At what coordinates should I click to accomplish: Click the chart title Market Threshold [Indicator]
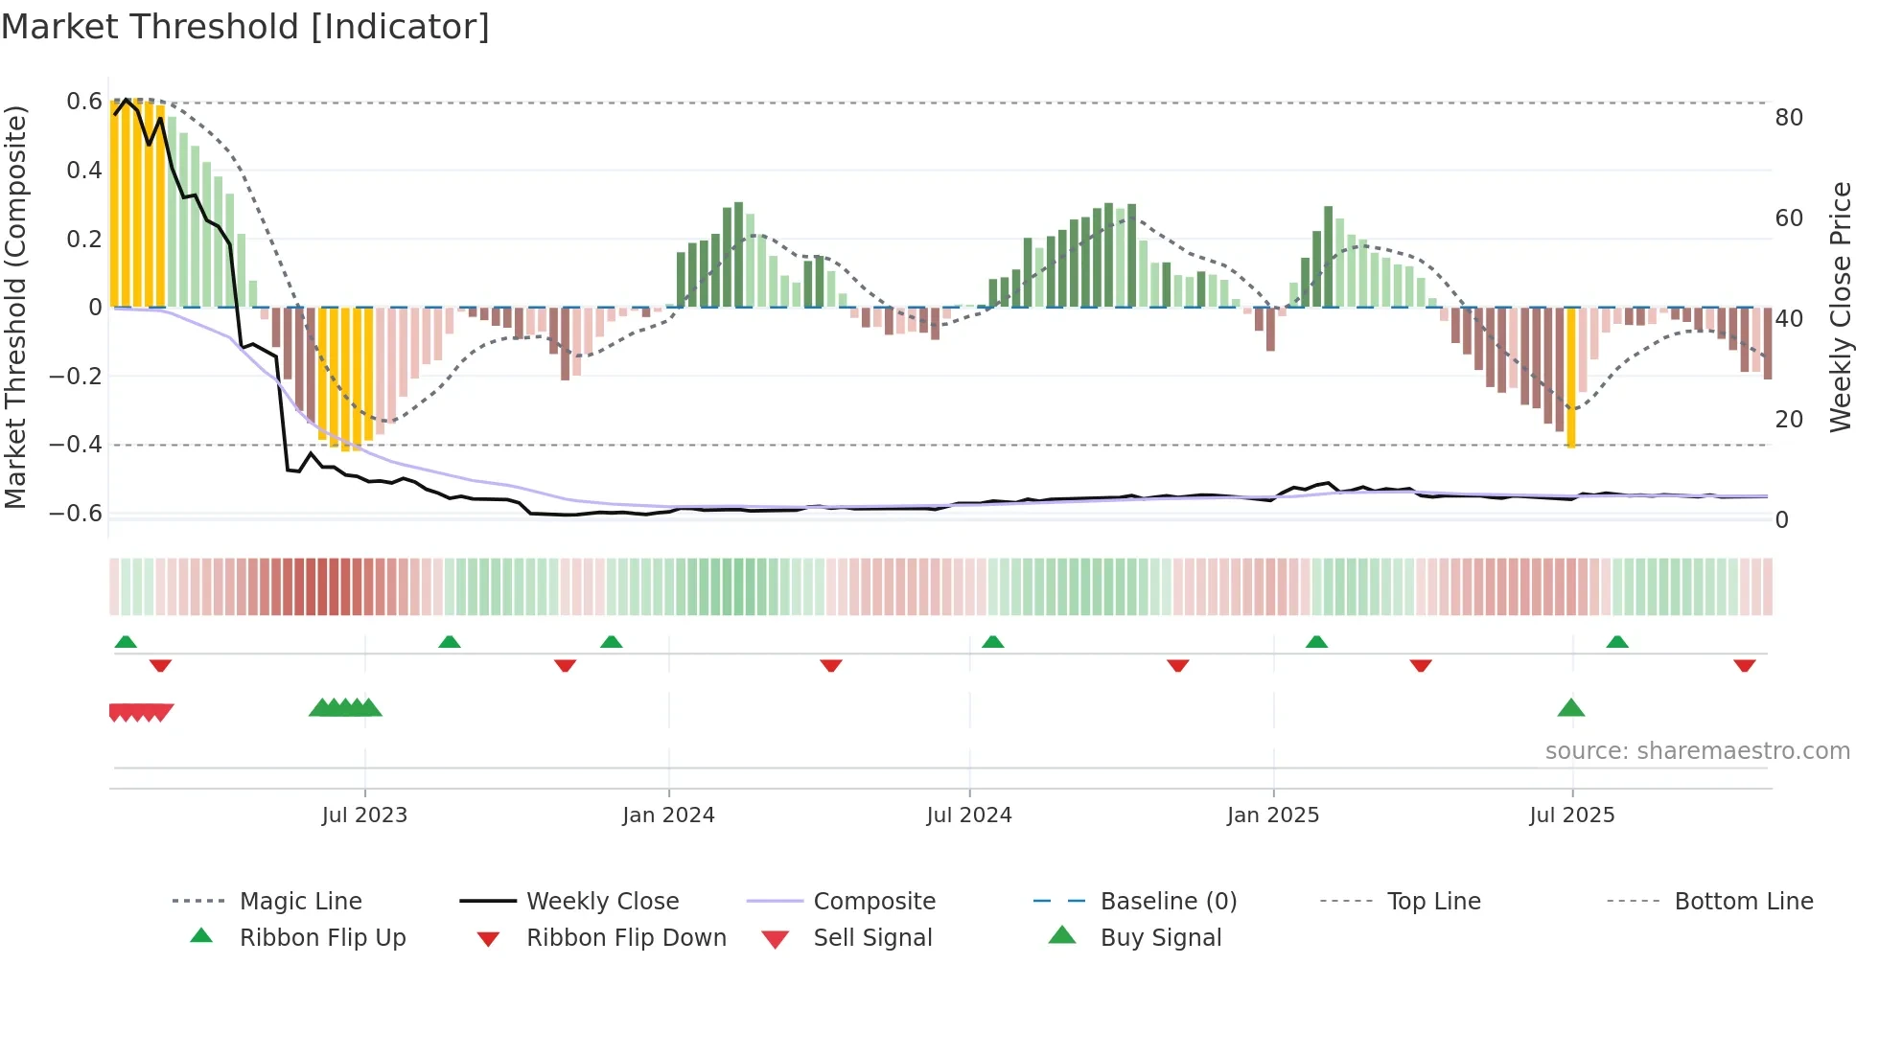coord(245,27)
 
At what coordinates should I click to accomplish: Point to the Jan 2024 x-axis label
coord(668,815)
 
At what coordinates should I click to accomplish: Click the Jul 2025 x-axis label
coord(1571,815)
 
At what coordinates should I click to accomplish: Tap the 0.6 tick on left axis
coord(83,102)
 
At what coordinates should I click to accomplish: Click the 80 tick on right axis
coord(1788,118)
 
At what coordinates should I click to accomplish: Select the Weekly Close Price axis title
coord(1840,307)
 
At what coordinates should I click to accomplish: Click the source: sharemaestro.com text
coord(1697,750)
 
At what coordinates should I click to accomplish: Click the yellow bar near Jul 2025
coord(1570,379)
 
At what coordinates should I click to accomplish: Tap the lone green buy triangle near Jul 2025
coord(1570,708)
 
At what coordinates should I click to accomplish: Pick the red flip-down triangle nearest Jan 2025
coord(1177,665)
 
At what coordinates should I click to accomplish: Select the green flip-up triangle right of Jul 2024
coord(992,641)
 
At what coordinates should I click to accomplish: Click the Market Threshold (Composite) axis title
coord(15,307)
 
